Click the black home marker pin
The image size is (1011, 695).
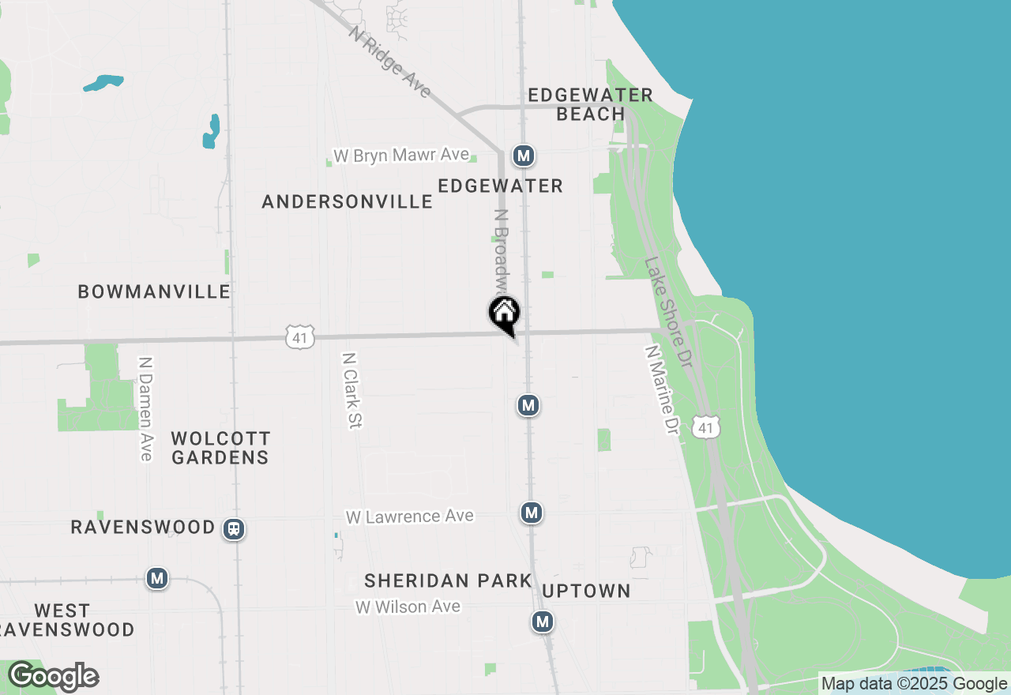(504, 314)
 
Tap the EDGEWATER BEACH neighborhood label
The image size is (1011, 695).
(590, 104)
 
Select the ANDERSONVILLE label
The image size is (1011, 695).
(348, 202)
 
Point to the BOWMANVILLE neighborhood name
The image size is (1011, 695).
(154, 292)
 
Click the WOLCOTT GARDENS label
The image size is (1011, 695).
(220, 448)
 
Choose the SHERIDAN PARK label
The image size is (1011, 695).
(448, 581)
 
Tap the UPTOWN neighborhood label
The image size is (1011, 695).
(587, 592)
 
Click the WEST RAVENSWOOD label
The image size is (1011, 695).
(67, 621)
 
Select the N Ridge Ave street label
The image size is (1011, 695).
(390, 63)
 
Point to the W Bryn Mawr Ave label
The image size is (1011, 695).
(401, 156)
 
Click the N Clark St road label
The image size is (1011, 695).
(351, 390)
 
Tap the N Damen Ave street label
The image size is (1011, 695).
(145, 408)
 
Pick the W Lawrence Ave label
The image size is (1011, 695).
(410, 517)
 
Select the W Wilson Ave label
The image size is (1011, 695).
(408, 607)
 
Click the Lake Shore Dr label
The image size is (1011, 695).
(668, 311)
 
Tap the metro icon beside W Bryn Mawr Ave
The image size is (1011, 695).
(524, 156)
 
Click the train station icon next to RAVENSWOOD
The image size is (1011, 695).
(234, 529)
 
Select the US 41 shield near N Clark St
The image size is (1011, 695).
(301, 337)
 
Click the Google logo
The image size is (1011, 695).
(53, 677)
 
